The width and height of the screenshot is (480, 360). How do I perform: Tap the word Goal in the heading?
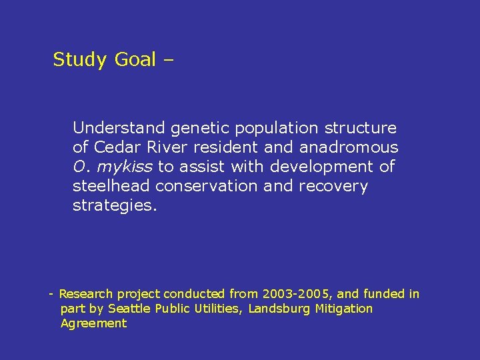pyautogui.click(x=135, y=60)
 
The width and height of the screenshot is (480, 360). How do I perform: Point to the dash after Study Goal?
pyautogui.click(x=167, y=60)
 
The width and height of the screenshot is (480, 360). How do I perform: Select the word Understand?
pyautogui.click(x=119, y=128)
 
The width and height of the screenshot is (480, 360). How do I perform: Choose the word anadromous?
pyautogui.click(x=349, y=147)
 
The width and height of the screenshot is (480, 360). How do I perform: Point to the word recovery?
pyautogui.click(x=333, y=186)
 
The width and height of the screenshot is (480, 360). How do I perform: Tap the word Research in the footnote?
pyautogui.click(x=86, y=294)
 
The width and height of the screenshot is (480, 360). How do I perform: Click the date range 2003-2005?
pyautogui.click(x=293, y=294)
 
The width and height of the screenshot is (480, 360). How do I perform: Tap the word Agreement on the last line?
pyautogui.click(x=93, y=323)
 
